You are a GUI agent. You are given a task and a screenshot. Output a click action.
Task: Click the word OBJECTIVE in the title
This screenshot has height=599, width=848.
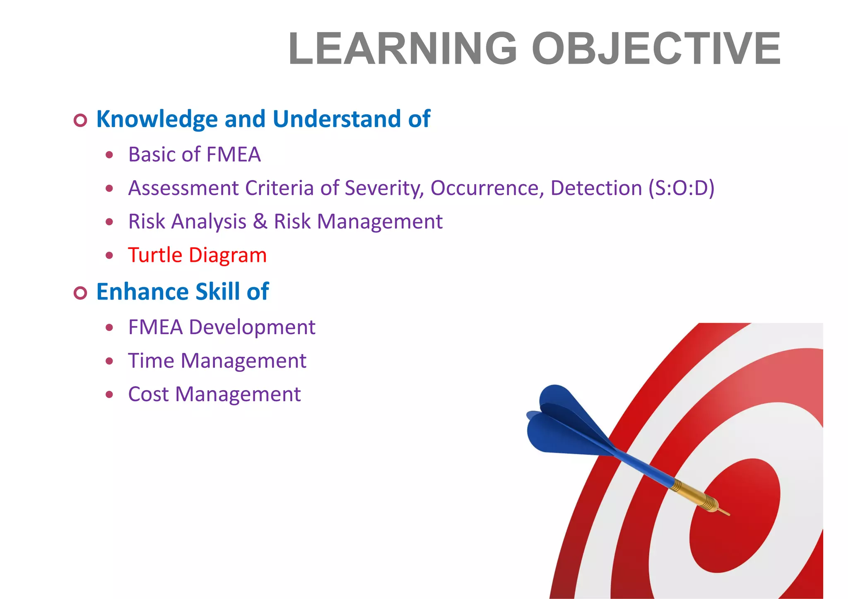tap(656, 49)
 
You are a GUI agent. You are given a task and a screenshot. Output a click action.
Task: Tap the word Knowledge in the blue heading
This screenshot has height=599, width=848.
tap(157, 119)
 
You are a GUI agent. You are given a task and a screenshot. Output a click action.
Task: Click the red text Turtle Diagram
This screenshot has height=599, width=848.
tap(197, 255)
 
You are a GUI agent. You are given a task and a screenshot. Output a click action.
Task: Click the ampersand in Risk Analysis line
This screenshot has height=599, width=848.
tap(260, 221)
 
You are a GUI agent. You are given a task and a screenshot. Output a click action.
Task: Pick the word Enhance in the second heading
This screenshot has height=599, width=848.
tap(142, 292)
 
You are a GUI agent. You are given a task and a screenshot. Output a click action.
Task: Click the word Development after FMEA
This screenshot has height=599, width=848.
tap(252, 327)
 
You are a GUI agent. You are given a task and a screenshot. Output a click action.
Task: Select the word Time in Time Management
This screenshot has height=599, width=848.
tap(151, 361)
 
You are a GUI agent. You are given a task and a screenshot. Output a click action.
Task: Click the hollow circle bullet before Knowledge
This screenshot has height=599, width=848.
tap(80, 120)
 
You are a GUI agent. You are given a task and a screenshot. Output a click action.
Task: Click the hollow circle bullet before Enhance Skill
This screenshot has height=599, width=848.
tap(80, 293)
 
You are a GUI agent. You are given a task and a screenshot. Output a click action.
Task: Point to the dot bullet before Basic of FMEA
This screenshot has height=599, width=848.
tap(109, 155)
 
